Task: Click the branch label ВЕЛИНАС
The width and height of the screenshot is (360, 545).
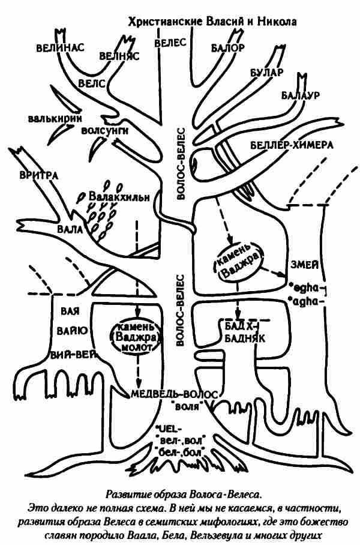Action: click(x=59, y=46)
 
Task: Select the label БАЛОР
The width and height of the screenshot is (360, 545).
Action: click(x=227, y=47)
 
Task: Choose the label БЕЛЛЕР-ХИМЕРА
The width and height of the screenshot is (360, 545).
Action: click(x=291, y=145)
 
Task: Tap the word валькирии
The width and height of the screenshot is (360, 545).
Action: click(x=55, y=118)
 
